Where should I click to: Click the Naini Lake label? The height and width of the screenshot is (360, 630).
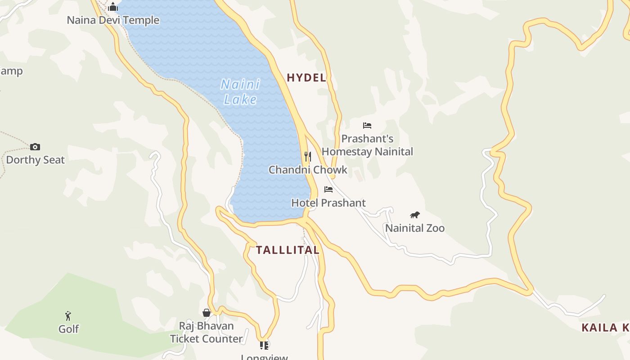(241, 91)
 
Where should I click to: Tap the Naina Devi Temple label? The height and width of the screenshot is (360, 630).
(113, 20)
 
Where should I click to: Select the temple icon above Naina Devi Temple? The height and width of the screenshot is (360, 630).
(113, 7)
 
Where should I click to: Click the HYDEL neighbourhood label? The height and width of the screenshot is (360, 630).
(306, 77)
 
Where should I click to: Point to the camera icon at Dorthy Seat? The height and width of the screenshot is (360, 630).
(35, 147)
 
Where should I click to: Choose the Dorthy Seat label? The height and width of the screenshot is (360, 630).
(35, 160)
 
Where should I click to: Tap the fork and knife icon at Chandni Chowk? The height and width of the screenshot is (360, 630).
(308, 156)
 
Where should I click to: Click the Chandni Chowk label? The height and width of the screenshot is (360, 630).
(308, 170)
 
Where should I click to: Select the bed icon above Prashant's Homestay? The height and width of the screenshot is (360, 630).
(367, 126)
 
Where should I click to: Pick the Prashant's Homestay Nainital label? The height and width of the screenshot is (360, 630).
(367, 145)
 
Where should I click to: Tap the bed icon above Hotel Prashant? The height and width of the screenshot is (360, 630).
(328, 189)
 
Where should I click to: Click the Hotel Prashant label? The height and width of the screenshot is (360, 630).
(328, 203)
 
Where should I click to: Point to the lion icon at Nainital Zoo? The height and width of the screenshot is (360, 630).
(415, 215)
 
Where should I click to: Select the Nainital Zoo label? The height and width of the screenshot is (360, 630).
(415, 228)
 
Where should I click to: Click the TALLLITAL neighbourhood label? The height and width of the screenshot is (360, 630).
(288, 250)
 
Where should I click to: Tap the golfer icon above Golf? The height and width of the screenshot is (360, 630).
(68, 316)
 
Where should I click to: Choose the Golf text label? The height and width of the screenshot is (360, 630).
(68, 329)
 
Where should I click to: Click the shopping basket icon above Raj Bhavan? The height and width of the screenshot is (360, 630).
(207, 313)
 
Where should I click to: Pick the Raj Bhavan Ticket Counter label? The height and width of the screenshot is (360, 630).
(207, 332)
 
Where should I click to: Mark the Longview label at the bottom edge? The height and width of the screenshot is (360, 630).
(264, 357)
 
